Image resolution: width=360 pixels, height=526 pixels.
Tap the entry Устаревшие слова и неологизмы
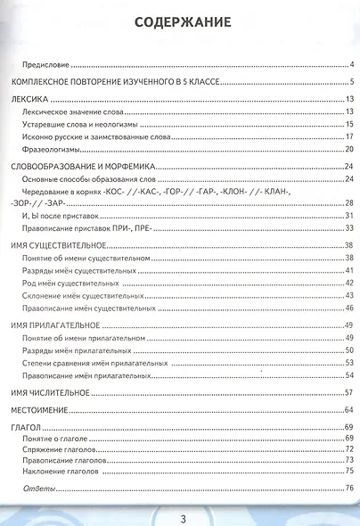click(x=78, y=124)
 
